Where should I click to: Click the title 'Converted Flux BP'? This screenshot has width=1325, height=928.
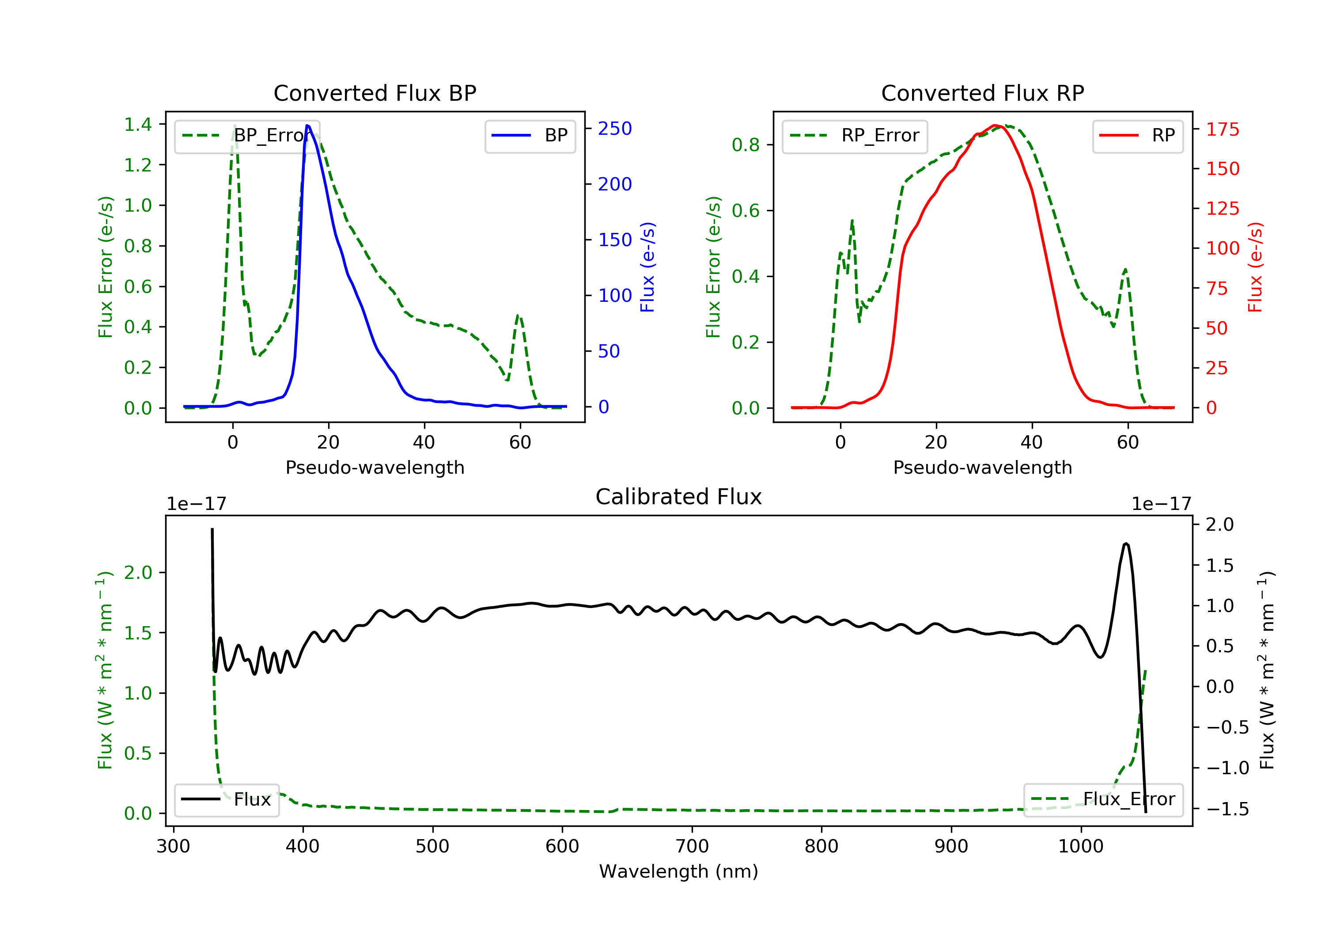[x=375, y=93]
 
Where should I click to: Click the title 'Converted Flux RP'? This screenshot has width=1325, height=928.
[x=982, y=93]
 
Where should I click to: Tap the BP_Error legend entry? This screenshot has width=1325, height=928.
[x=247, y=136]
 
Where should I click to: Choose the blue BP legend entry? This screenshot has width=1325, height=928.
[x=530, y=136]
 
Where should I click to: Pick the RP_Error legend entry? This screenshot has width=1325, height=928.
[x=855, y=136]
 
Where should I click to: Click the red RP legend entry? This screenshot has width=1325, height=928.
[x=1137, y=136]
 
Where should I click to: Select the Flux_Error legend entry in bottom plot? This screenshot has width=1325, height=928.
[x=1103, y=799]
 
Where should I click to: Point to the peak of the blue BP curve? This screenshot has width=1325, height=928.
[x=307, y=126]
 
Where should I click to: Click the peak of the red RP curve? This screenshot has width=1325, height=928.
[x=994, y=126]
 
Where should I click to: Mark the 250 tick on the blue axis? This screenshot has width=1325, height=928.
[x=615, y=129]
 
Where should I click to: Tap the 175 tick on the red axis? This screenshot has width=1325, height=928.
[x=1222, y=129]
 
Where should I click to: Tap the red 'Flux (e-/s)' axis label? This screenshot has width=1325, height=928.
[x=1255, y=267]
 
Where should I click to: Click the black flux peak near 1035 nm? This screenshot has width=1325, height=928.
[x=1126, y=544]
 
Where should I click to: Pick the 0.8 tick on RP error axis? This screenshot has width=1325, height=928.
[x=746, y=145]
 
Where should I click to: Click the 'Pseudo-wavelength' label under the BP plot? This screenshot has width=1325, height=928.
[x=375, y=467]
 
